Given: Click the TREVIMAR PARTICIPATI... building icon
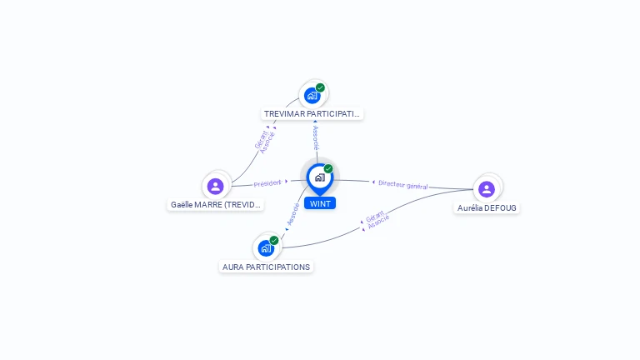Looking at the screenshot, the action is tap(312, 96).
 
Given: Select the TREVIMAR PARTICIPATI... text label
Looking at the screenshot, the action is tap(312, 114).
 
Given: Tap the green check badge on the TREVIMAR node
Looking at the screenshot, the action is tap(320, 87).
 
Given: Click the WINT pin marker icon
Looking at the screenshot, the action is tap(320, 179).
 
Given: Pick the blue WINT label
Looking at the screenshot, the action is tap(320, 203).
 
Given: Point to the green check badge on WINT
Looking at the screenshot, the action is tap(328, 168).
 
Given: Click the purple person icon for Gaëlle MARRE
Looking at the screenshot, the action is tap(216, 187).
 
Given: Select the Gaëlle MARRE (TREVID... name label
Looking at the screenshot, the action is tap(216, 205).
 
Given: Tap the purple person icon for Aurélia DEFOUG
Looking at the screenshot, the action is tap(487, 189).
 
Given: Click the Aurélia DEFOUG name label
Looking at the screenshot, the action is tap(487, 208).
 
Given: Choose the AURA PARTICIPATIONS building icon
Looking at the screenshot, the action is tap(266, 248).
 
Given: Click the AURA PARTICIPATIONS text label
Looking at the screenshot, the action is tap(266, 267).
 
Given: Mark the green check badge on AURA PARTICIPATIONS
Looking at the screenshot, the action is tap(274, 240).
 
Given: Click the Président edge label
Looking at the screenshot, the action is tap(267, 183).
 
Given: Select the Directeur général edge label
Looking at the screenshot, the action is tap(402, 185).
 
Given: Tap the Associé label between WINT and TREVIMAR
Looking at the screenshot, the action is tap(316, 138).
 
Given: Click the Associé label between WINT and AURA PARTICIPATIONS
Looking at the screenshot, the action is tap(293, 214).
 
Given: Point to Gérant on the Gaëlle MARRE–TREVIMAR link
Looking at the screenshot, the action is tap(261, 140).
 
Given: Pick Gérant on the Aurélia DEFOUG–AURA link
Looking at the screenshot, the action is tap(375, 217).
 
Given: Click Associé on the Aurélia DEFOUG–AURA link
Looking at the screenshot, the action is tap(379, 222).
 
